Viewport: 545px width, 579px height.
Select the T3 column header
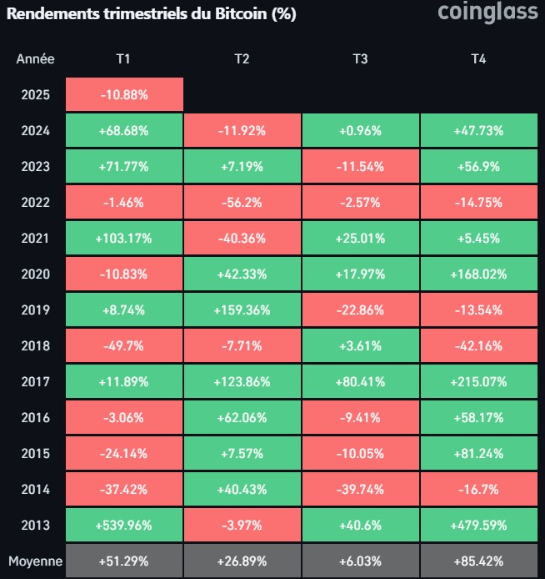[360, 58]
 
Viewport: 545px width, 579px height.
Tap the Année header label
[35, 58]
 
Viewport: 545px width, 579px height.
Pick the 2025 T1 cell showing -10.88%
[123, 95]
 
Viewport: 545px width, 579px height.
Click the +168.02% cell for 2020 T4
[478, 274]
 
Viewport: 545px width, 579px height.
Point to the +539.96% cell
[123, 526]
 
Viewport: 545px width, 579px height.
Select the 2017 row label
[35, 382]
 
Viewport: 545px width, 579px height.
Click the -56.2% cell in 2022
[242, 203]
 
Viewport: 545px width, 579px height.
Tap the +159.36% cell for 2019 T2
[242, 310]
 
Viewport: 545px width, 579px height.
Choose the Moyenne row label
[35, 561]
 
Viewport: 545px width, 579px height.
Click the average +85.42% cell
[478, 561]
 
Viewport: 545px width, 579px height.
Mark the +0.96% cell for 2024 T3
[360, 131]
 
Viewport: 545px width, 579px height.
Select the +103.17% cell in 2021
[123, 239]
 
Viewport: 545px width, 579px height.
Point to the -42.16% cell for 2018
[478, 346]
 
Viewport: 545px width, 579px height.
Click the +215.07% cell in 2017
[478, 382]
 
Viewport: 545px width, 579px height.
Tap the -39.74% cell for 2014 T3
[360, 490]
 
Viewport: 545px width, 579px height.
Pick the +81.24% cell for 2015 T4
[478, 454]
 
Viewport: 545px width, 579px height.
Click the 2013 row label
[35, 526]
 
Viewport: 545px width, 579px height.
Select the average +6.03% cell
[360, 561]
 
